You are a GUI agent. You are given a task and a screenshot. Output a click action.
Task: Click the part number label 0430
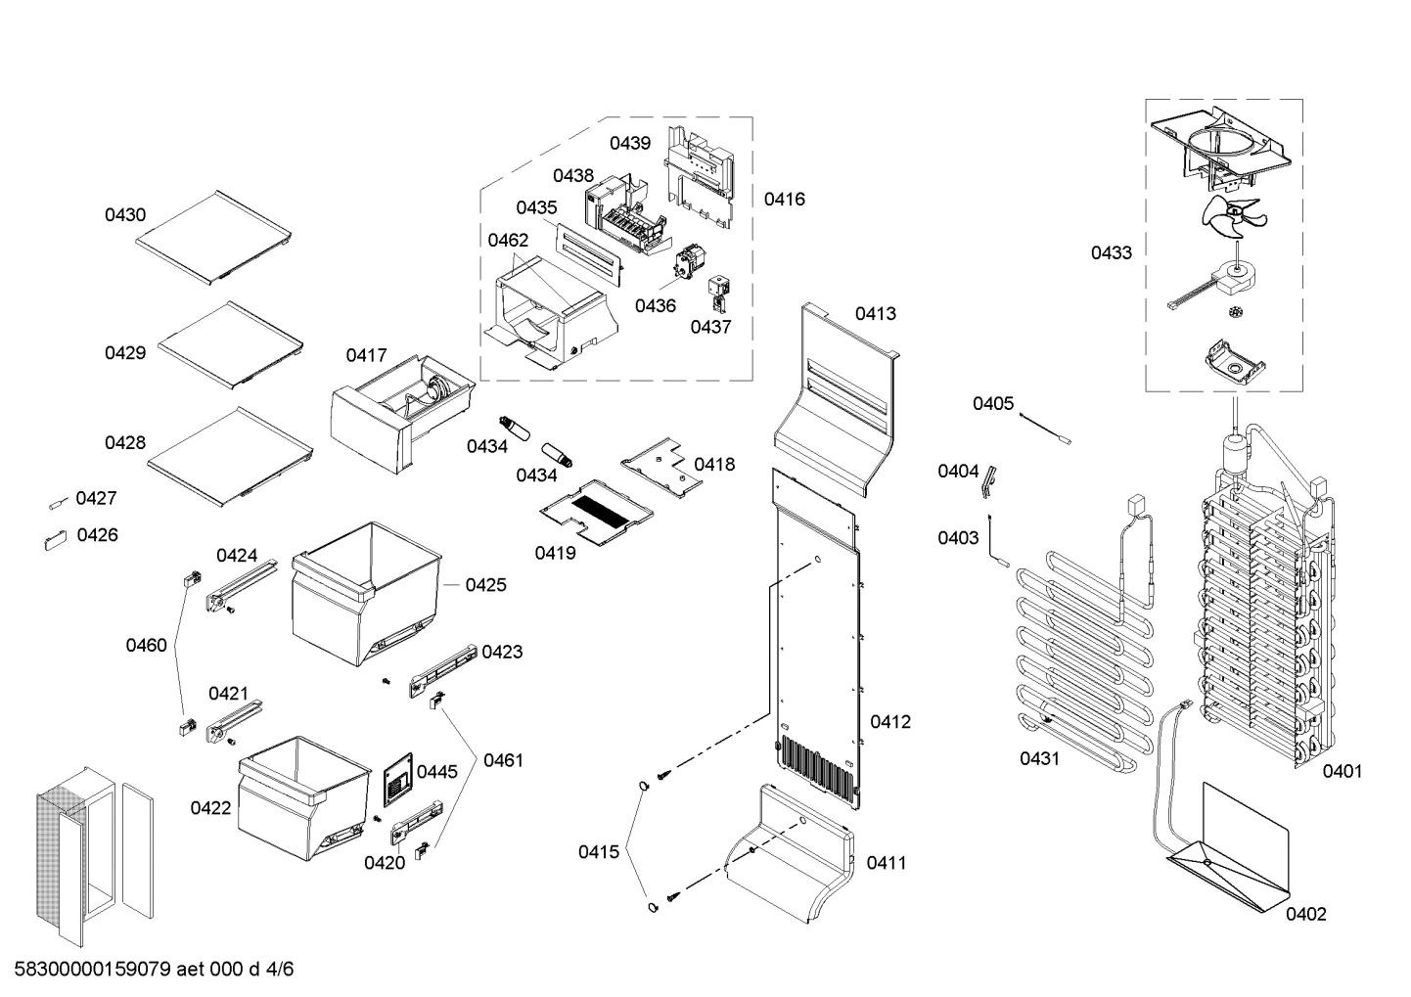(125, 215)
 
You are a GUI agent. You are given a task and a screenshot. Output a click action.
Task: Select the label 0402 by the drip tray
(1305, 914)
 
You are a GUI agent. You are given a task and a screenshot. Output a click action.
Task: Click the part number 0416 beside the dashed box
(784, 200)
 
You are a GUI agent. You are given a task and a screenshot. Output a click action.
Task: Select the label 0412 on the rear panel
(889, 722)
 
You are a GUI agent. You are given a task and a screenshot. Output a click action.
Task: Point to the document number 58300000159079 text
(93, 970)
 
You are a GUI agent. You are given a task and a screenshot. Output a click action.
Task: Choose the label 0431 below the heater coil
(1039, 758)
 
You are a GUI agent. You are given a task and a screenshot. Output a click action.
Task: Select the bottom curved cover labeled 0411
(793, 851)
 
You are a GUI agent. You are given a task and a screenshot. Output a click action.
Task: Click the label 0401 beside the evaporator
(1342, 771)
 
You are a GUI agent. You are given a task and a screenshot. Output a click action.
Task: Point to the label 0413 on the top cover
(875, 314)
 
